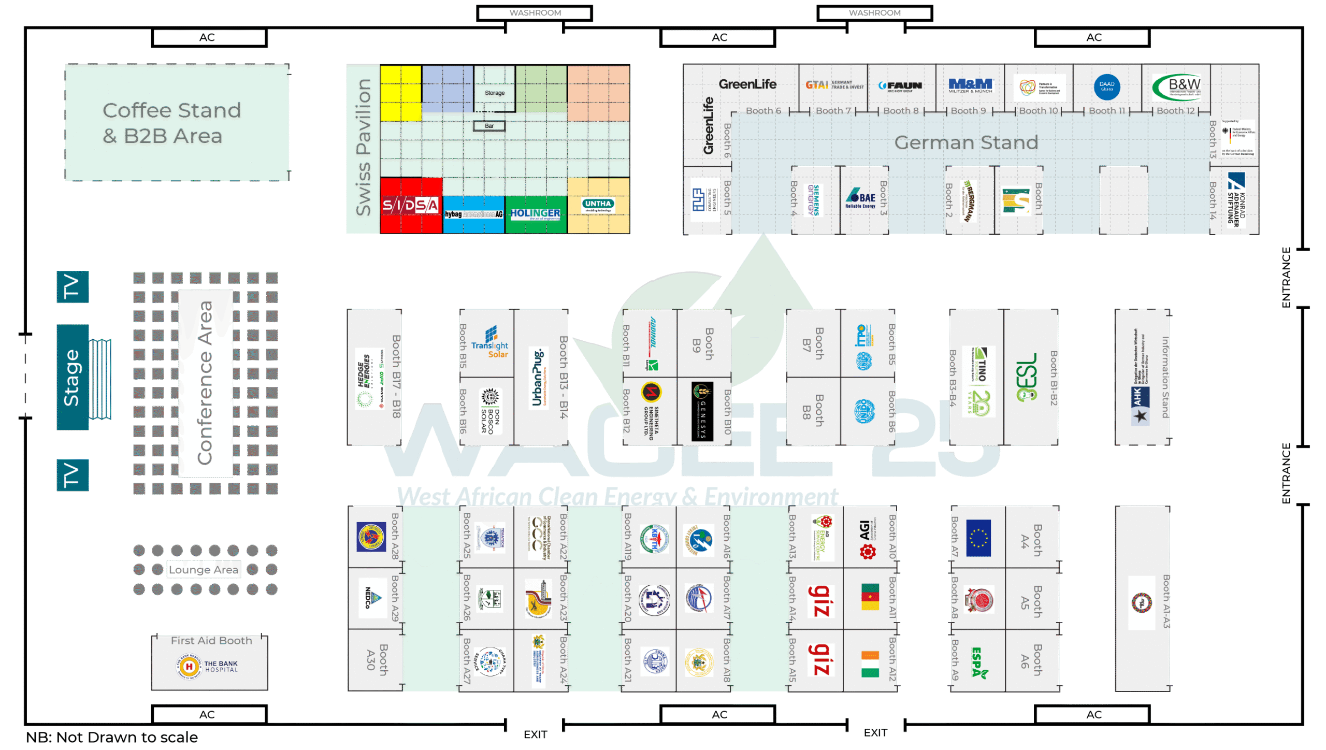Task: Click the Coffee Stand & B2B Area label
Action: pyautogui.click(x=172, y=123)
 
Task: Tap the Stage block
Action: pyautogui.click(x=72, y=377)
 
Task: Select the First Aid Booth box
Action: pyautogui.click(x=210, y=663)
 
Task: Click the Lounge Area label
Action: pyautogui.click(x=204, y=570)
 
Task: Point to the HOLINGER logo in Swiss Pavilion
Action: pyautogui.click(x=535, y=213)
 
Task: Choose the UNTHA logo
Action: pyautogui.click(x=598, y=205)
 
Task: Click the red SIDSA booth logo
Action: pyautogui.click(x=410, y=206)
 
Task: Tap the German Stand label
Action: pyautogui.click(x=966, y=143)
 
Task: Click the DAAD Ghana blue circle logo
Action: pyautogui.click(x=1107, y=86)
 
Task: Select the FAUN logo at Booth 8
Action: pyautogui.click(x=901, y=86)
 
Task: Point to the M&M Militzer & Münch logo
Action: pyautogui.click(x=970, y=85)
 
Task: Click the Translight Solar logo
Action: pyautogui.click(x=490, y=343)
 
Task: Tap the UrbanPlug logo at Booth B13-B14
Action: pyautogui.click(x=538, y=377)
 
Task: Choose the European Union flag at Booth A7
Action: pyautogui.click(x=978, y=538)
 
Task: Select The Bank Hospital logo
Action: pyautogui.click(x=207, y=666)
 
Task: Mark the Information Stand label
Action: pyautogui.click(x=1165, y=377)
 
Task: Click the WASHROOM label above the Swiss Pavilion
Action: pyautogui.click(x=535, y=13)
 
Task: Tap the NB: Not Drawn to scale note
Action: pyautogui.click(x=112, y=737)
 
